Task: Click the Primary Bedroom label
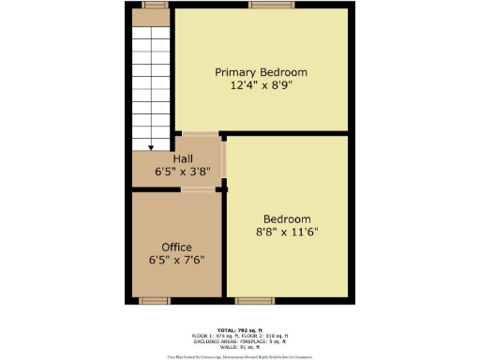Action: pos(261,72)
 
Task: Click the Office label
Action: pos(176,247)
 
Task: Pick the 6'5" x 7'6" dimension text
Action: pos(176,260)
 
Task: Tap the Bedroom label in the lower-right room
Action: pos(286,219)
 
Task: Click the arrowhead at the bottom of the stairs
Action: pos(151,146)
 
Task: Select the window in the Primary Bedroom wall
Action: pos(261,6)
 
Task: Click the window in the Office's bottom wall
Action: pos(153,300)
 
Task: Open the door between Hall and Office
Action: pos(197,189)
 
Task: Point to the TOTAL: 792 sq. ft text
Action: pos(238,329)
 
